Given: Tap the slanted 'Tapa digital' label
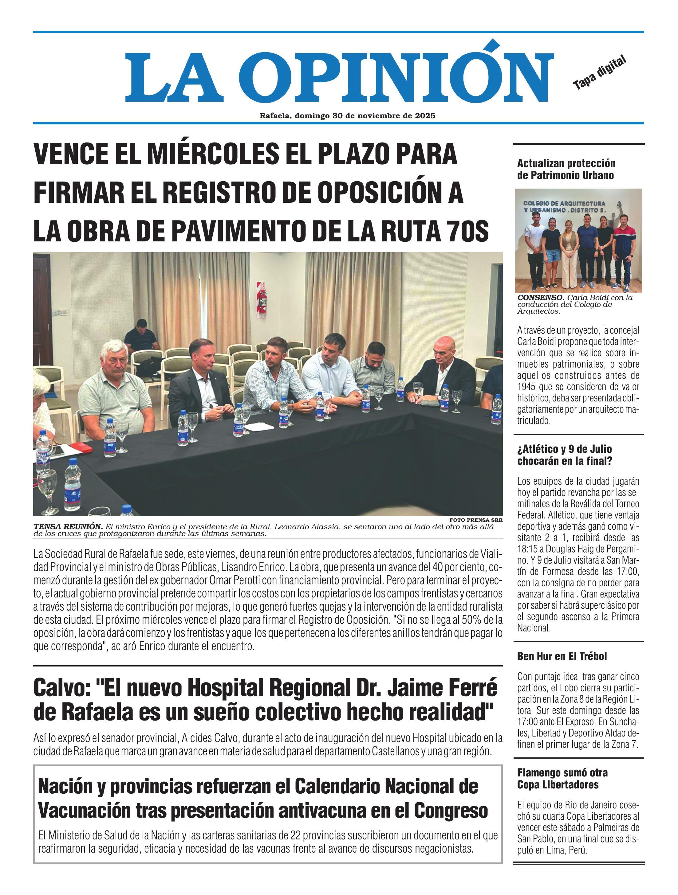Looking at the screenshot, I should tap(599, 73).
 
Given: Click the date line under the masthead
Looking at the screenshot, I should tap(347, 116).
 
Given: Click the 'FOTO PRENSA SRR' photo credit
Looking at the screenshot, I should tap(475, 520).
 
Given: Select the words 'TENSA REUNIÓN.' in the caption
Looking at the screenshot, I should tap(68, 527).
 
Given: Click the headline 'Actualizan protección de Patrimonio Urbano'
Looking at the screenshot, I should tap(566, 169).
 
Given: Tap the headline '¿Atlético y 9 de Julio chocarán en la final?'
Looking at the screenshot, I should tap(564, 455).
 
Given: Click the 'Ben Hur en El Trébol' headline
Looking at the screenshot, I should tap(562, 656).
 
